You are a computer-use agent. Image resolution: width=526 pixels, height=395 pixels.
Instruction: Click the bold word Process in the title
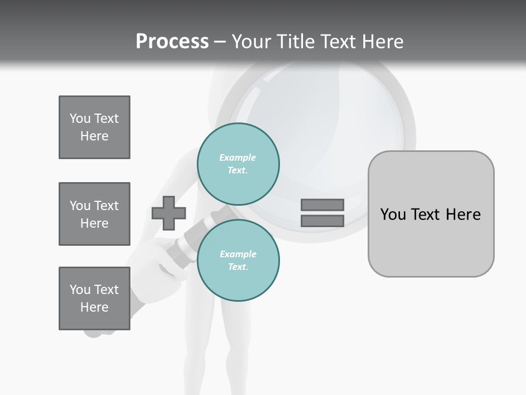click(x=172, y=42)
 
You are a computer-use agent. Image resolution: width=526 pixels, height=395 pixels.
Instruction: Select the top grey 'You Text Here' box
click(x=94, y=127)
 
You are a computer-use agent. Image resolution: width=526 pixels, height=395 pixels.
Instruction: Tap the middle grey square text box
click(x=94, y=214)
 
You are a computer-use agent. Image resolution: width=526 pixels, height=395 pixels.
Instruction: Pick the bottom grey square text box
click(x=94, y=298)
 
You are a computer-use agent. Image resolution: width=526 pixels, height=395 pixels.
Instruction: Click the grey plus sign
click(x=169, y=213)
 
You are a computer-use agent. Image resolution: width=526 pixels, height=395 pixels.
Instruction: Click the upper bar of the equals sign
click(x=322, y=205)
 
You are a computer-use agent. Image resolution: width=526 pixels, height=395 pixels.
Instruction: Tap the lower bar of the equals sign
click(x=322, y=221)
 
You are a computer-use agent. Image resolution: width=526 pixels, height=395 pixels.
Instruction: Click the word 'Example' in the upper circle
click(x=237, y=157)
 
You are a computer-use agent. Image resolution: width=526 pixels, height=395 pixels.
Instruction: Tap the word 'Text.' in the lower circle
click(x=238, y=267)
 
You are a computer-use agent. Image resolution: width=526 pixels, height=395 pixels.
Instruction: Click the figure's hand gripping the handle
click(x=151, y=258)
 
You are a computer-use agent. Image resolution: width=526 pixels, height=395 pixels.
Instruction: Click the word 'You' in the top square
click(x=79, y=119)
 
